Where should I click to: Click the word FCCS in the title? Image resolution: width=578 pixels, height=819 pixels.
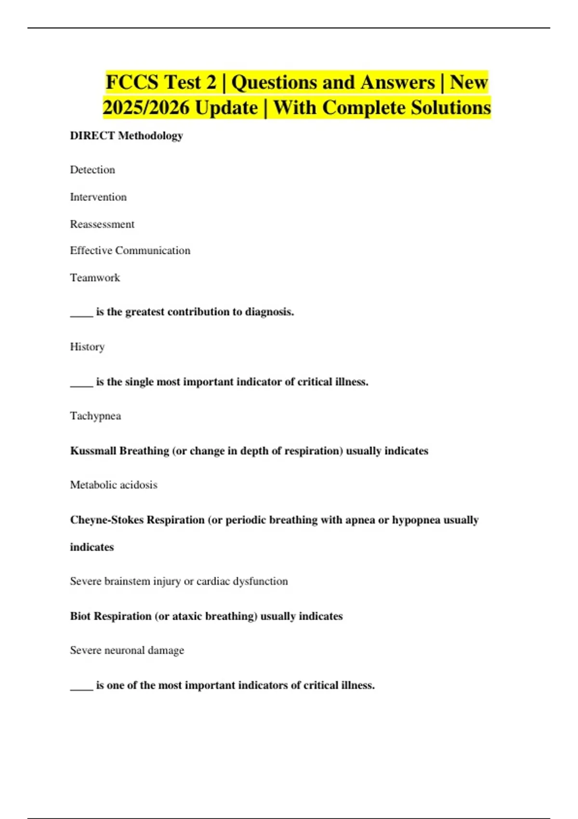point(132,82)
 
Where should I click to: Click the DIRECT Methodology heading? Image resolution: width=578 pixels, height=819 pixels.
point(126,136)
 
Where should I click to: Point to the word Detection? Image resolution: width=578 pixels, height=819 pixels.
point(92,170)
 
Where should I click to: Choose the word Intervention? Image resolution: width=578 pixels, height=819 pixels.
point(98,197)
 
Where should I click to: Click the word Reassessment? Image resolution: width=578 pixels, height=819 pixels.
point(102,225)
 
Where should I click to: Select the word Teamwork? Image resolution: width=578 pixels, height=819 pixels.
point(95,278)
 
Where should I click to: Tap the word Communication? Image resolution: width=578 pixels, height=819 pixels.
point(153,251)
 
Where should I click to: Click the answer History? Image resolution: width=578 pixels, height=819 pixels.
point(87,347)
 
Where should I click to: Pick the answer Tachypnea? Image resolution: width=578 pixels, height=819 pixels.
point(95,416)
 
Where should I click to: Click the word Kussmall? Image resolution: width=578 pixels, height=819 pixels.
point(92,451)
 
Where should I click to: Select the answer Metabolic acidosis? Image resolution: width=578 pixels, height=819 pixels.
point(114,485)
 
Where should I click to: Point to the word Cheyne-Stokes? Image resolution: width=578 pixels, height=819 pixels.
point(106,520)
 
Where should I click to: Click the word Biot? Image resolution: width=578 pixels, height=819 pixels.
point(80,617)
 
